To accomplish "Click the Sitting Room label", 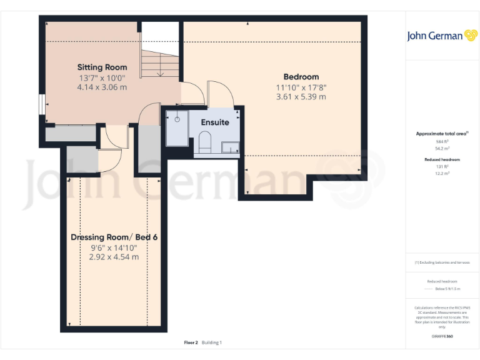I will click(x=102, y=67).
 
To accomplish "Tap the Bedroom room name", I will click(x=301, y=77).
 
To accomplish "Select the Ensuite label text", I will click(x=214, y=122).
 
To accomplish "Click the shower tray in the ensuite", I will click(x=177, y=129).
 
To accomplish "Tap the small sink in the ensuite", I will click(x=230, y=148).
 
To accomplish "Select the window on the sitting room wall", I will click(x=41, y=104).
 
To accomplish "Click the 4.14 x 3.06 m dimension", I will click(x=102, y=87).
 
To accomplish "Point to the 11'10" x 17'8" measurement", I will click(x=301, y=87).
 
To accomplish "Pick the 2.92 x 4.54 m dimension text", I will click(x=113, y=257).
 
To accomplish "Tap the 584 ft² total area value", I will click(x=442, y=142).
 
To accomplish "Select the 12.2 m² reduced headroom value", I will click(x=442, y=173).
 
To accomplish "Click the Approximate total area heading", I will click(x=441, y=134).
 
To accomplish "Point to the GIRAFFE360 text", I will click(x=442, y=336).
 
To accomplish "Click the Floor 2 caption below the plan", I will click(x=191, y=342).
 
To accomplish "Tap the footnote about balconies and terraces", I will click(x=442, y=262).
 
